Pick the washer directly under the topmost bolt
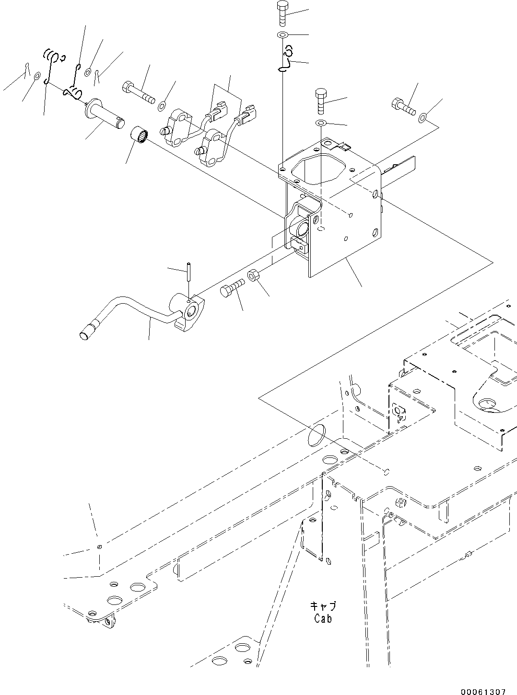coord(282,35)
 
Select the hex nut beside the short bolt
coord(254,276)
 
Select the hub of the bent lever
coord(188,311)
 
